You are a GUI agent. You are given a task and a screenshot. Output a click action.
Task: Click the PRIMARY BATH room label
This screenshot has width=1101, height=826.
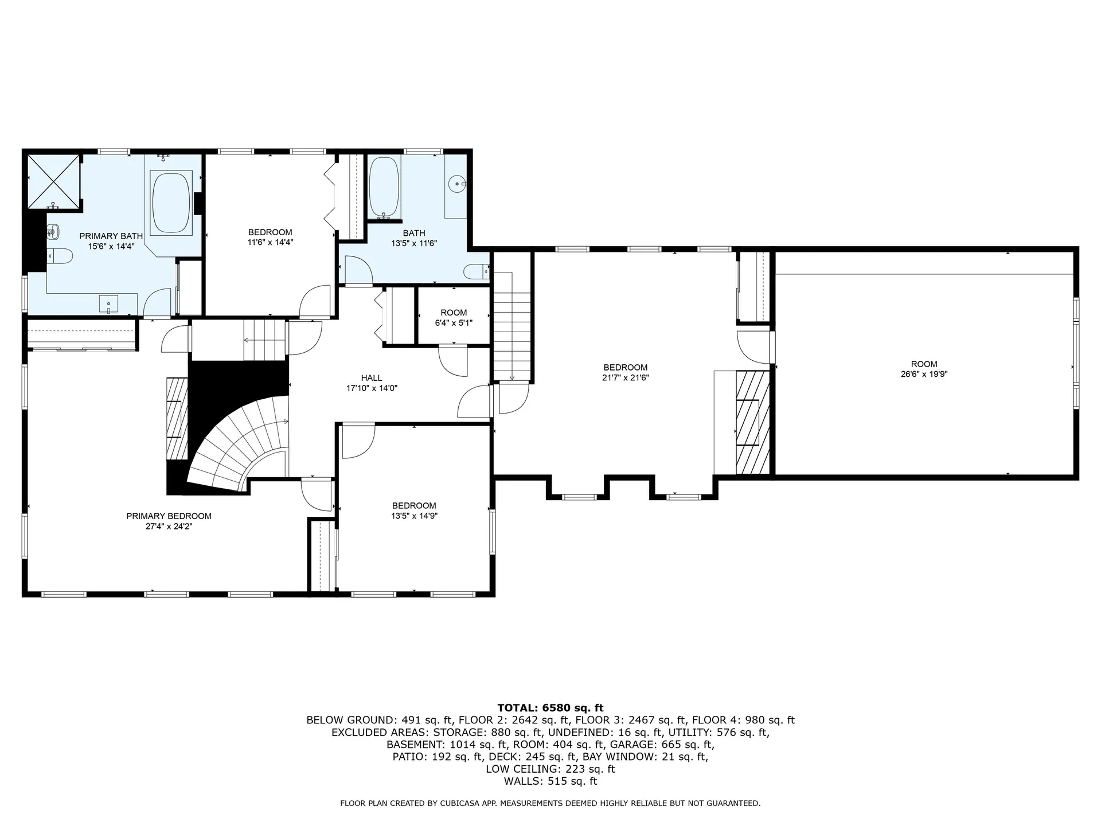click(111, 236)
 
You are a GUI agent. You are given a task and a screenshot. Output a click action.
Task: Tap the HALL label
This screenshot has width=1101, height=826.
click(372, 378)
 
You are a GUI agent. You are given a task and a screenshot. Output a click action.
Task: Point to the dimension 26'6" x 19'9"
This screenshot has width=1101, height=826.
click(924, 374)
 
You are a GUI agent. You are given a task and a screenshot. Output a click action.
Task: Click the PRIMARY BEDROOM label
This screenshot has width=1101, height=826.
click(169, 516)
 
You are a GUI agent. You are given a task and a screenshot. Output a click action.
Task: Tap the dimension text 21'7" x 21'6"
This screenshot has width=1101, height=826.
click(625, 377)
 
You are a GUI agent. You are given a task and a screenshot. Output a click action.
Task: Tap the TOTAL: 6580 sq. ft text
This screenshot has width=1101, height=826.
click(550, 708)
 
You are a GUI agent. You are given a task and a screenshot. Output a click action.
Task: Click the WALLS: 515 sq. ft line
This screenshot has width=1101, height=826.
click(550, 781)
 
